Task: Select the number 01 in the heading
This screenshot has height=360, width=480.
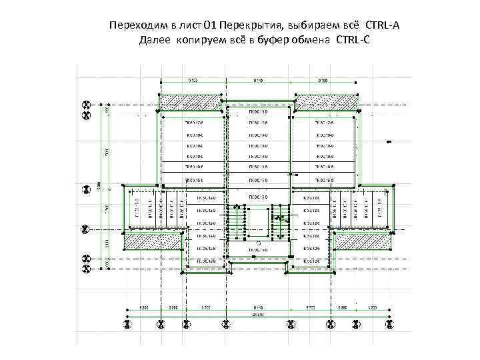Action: [210, 25]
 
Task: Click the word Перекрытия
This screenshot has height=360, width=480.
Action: [251, 25]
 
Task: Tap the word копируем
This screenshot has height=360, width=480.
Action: [203, 41]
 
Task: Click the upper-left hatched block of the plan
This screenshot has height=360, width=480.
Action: [183, 101]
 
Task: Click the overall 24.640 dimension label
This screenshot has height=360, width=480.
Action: [256, 313]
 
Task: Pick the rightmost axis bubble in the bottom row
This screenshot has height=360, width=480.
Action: [386, 325]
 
